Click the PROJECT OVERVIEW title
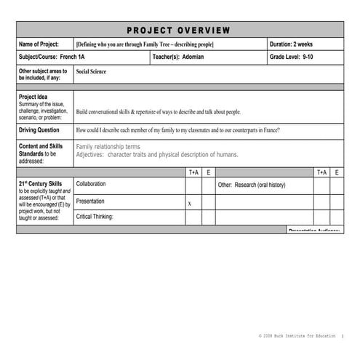179,30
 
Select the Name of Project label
43,44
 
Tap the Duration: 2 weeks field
295,44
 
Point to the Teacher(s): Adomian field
179,57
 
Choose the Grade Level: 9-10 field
297,57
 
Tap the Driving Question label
39,130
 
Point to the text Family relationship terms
108,147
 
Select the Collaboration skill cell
91,185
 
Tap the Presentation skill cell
90,201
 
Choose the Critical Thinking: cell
95,217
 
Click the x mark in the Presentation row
190,204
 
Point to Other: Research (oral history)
252,185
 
